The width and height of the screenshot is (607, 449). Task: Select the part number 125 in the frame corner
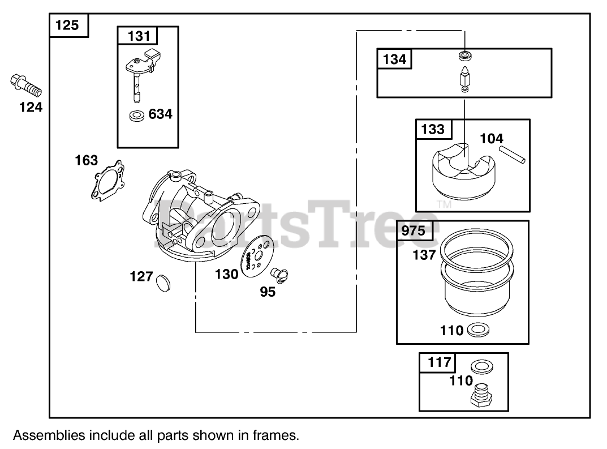coord(69,25)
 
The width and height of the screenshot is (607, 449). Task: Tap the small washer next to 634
coord(136,116)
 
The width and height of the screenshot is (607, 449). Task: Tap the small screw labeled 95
coord(278,275)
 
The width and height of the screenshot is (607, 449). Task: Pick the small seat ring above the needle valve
coord(464,55)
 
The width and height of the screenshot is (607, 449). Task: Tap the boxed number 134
coord(395,59)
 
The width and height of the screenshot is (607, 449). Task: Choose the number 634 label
coord(160,114)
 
